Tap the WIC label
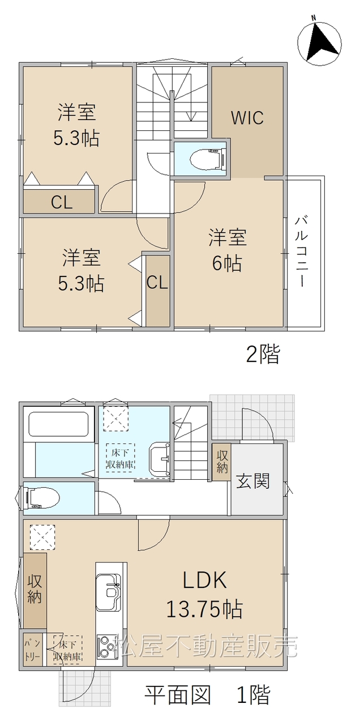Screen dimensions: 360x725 point(247,118)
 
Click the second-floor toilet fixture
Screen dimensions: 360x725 point(208,159)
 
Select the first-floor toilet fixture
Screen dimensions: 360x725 point(40,498)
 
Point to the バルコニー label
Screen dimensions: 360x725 point(301,252)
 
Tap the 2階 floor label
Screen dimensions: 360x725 point(263,354)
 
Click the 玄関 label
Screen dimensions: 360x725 point(252,481)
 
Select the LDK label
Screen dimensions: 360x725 point(204,580)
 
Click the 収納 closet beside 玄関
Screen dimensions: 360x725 point(221,462)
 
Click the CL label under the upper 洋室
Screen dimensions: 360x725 point(62,203)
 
